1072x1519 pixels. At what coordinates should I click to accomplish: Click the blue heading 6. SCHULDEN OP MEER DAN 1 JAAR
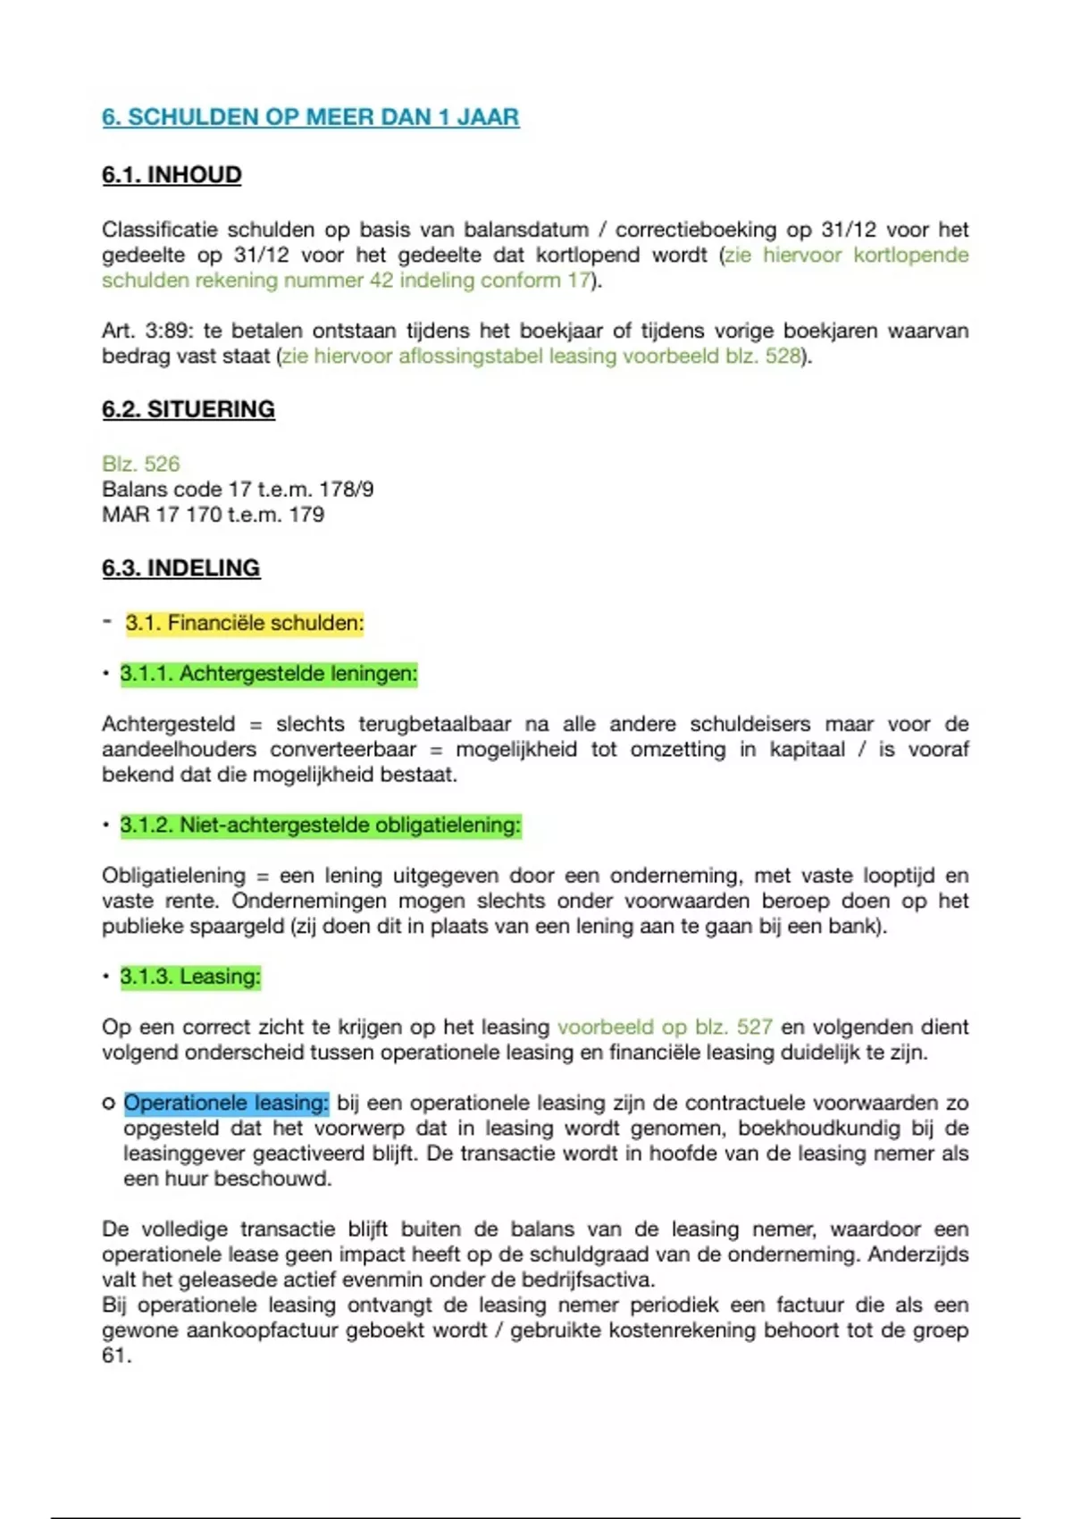coord(310,117)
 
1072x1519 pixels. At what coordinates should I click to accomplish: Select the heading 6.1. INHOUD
coord(172,174)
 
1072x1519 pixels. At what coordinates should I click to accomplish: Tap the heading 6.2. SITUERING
coord(188,409)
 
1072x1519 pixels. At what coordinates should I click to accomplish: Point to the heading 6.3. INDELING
coord(180,568)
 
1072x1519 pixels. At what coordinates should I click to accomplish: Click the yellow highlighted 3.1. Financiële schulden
coord(244,623)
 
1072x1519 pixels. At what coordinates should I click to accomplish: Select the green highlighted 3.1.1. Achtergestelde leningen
coord(268,674)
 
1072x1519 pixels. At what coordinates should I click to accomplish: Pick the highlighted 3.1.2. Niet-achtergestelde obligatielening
coord(320,825)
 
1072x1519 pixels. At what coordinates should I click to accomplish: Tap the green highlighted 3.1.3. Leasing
coord(190,977)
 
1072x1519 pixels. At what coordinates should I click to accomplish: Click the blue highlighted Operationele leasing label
coord(226,1104)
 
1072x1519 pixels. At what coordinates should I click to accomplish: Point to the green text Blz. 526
coord(140,464)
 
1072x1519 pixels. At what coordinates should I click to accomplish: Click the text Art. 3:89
coord(146,331)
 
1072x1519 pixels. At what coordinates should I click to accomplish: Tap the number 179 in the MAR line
coord(306,515)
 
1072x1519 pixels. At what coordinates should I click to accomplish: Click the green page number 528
coord(782,357)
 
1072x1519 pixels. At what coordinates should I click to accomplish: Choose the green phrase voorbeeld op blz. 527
coord(665,1028)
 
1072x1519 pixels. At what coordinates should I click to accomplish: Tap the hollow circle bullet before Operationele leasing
coord(108,1104)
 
